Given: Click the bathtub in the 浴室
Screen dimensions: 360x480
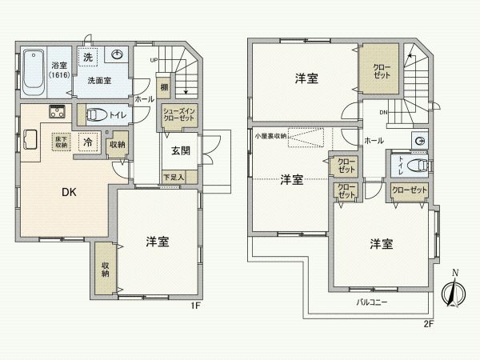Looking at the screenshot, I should pyautogui.click(x=33, y=70).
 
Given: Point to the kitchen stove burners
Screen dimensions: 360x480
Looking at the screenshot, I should pyautogui.click(x=57, y=112).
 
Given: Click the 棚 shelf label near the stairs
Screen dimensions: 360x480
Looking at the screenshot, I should pyautogui.click(x=163, y=86).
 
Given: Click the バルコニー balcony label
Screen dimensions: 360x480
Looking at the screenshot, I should pyautogui.click(x=372, y=303).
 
